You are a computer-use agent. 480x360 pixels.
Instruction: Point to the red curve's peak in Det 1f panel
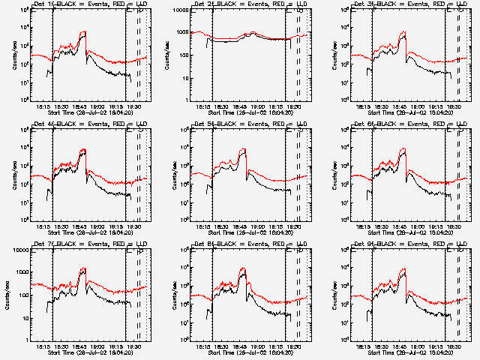[85, 31]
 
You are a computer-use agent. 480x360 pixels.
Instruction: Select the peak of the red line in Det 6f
[404, 148]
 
